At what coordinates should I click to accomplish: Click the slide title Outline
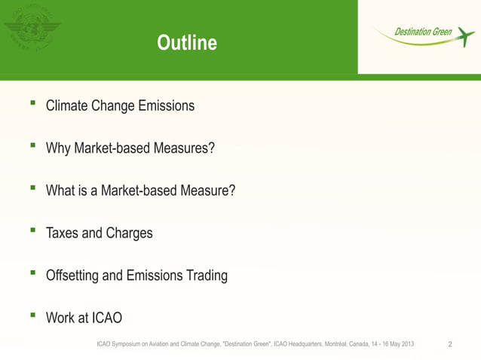(186, 44)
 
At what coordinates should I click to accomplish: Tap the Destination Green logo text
(423, 32)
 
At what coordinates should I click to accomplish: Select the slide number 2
(450, 344)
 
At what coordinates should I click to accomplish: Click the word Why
(58, 148)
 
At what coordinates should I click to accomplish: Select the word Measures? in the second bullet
(184, 148)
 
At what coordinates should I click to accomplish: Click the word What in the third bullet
(60, 191)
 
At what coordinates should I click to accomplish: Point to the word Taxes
(62, 233)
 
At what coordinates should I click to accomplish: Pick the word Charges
(129, 233)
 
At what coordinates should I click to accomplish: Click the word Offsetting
(72, 276)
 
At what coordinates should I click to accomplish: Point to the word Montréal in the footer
(332, 344)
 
